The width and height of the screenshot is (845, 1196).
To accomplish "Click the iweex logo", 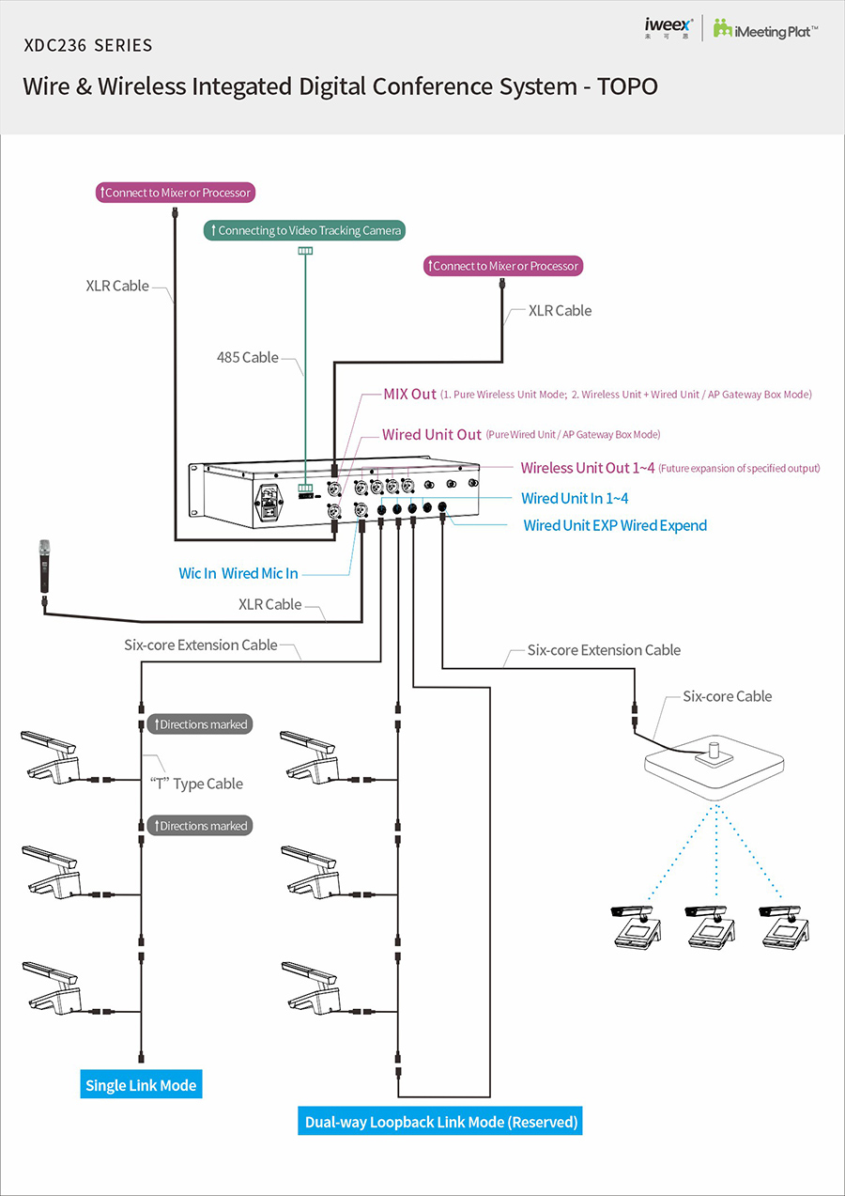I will pyautogui.click(x=668, y=27).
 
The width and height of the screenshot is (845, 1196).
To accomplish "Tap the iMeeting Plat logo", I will pyautogui.click(x=765, y=28).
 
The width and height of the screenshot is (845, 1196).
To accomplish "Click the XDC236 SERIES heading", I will pyautogui.click(x=88, y=45).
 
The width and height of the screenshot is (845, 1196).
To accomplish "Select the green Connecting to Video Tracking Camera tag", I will pyautogui.click(x=304, y=230).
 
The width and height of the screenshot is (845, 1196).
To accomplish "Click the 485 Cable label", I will pyautogui.click(x=248, y=357).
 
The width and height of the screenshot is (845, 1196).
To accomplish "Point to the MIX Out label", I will pyautogui.click(x=410, y=395).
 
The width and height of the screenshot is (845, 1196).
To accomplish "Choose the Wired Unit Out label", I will pyautogui.click(x=431, y=435).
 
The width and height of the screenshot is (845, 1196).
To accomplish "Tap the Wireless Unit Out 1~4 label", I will pyautogui.click(x=588, y=468).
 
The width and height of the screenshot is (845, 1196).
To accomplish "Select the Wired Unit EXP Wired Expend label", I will pyautogui.click(x=615, y=525).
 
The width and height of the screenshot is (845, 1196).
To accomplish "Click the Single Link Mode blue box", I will pyautogui.click(x=141, y=1085).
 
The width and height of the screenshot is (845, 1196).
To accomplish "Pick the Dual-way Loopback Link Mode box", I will pyautogui.click(x=441, y=1122).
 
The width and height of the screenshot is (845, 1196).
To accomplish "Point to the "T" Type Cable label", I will pyautogui.click(x=196, y=784).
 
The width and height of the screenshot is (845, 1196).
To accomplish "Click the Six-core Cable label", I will pyautogui.click(x=727, y=696).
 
